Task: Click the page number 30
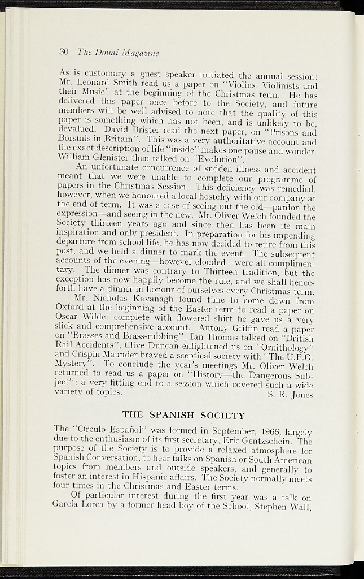pos(64,53)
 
